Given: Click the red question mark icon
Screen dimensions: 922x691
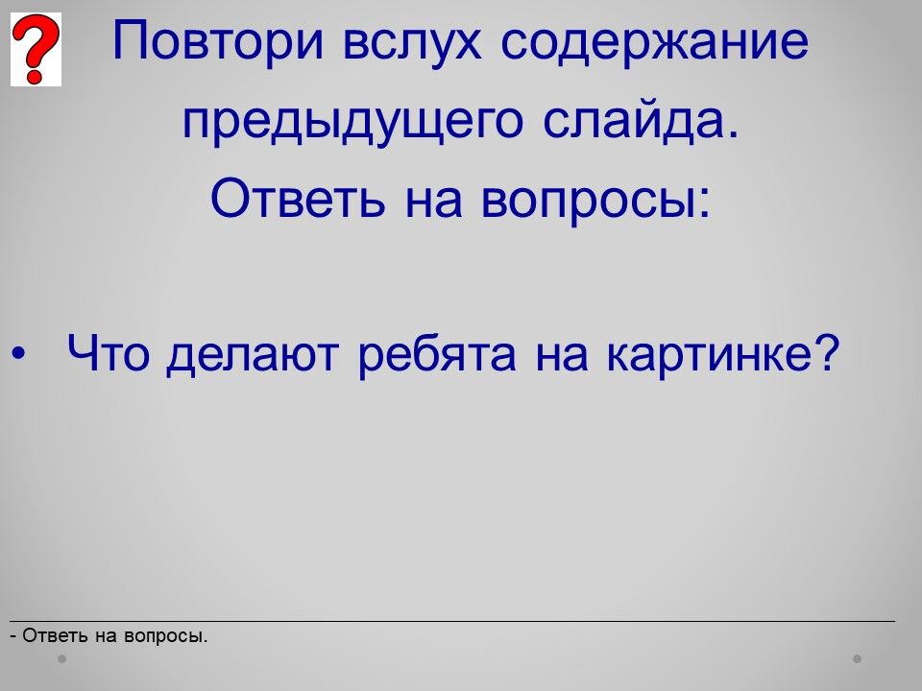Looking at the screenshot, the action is (36, 49).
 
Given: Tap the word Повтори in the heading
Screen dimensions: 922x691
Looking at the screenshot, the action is (218, 42).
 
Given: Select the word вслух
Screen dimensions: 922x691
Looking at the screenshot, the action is (412, 42).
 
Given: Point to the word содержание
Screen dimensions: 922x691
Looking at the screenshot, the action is (654, 42).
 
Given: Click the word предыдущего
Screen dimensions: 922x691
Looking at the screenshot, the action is (352, 122).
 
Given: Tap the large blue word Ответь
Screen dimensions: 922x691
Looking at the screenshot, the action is (298, 198).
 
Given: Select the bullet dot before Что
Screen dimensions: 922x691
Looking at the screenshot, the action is (19, 353).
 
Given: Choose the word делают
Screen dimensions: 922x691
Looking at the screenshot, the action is (253, 355).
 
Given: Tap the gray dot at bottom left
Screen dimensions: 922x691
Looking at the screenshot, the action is (61, 658).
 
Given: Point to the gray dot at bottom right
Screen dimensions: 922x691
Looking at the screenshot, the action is (858, 658).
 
